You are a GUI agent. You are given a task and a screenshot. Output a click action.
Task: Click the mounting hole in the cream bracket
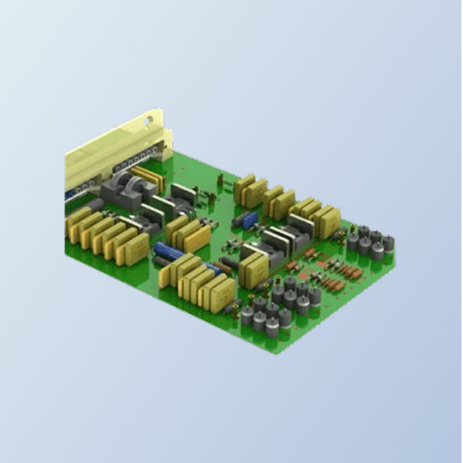(x=147, y=119)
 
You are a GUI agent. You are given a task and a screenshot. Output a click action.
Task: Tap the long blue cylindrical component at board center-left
(x=170, y=251)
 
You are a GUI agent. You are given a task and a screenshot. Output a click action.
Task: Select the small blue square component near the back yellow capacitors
(x=248, y=219)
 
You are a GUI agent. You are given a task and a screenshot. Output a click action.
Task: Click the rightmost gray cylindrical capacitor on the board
(x=388, y=244)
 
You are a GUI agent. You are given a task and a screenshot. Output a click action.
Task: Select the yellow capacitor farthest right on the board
(x=329, y=222)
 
